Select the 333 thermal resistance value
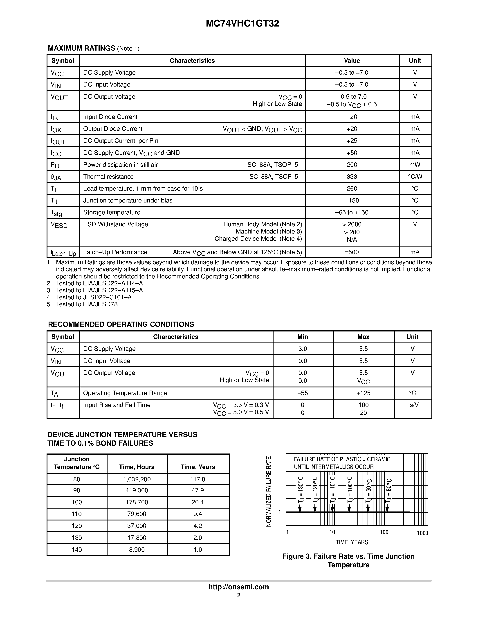tap(352, 177)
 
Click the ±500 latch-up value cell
tap(352, 252)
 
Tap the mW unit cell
tap(415, 165)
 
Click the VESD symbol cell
tap(59, 225)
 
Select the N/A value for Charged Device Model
tap(352, 240)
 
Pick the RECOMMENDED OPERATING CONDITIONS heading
tap(121, 324)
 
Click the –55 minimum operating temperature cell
tap(302, 393)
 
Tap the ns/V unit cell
tap(412, 405)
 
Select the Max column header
tap(363, 337)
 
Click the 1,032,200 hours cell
tap(137, 479)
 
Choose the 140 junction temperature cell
tap(76, 549)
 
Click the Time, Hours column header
tap(137, 467)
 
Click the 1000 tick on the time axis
tap(422, 533)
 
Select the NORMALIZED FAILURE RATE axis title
tap(268, 491)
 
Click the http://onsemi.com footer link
tap(238, 587)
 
